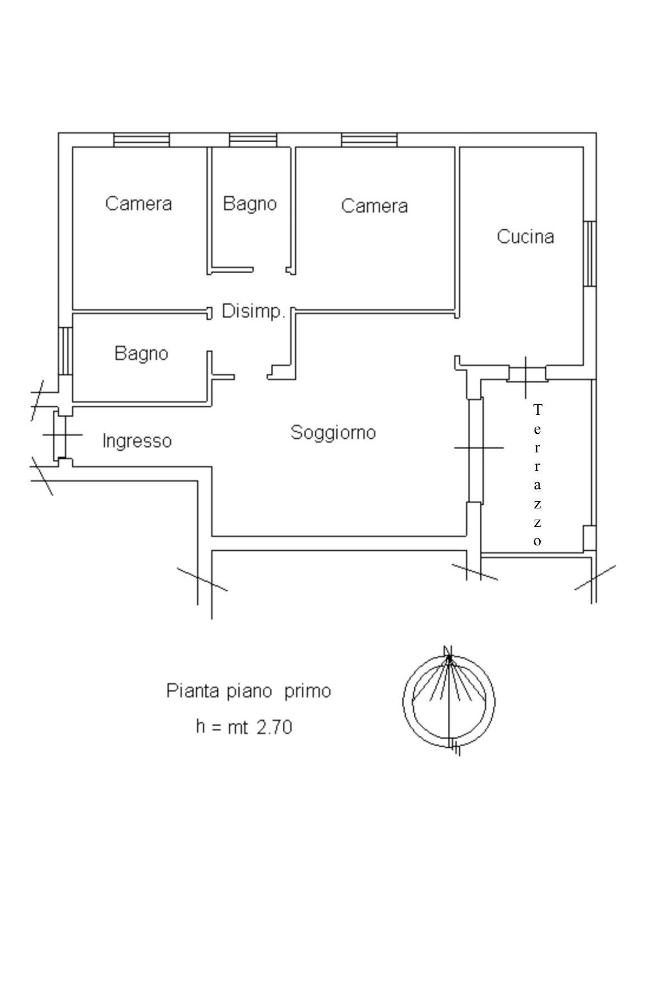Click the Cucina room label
pyautogui.click(x=525, y=236)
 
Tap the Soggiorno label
pyautogui.click(x=333, y=432)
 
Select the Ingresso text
pyautogui.click(x=137, y=441)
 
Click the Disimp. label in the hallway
pyautogui.click(x=254, y=311)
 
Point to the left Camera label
pyautogui.click(x=138, y=203)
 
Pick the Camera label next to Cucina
pyautogui.click(x=374, y=206)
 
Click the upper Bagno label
pyautogui.click(x=250, y=203)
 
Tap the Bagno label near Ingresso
pyautogui.click(x=141, y=353)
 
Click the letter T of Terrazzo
pyautogui.click(x=537, y=410)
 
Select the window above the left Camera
pyautogui.click(x=141, y=140)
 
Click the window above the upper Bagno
pyautogui.click(x=253, y=140)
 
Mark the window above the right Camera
pyautogui.click(x=369, y=140)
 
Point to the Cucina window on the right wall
pyautogui.click(x=589, y=254)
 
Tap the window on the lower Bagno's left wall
pyautogui.click(x=65, y=351)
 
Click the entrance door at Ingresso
pyautogui.click(x=60, y=435)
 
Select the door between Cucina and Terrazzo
pyautogui.click(x=526, y=373)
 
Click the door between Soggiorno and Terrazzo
pyautogui.click(x=475, y=449)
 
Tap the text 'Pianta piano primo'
pyautogui.click(x=249, y=691)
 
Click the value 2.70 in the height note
pyautogui.click(x=274, y=727)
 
